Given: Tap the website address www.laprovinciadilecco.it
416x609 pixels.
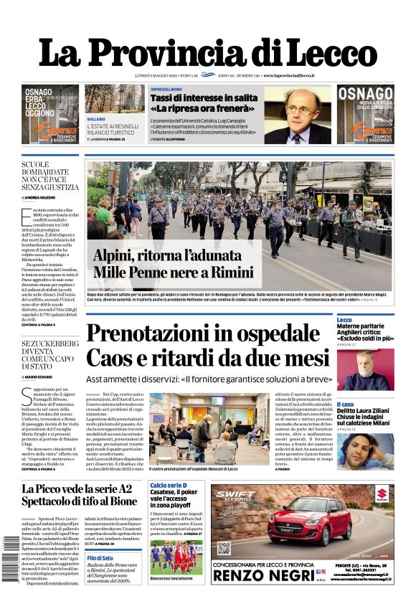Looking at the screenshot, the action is point(293,75).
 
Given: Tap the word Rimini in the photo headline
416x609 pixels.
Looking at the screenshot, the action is point(212,272).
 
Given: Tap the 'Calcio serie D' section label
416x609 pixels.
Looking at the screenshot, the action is point(170,486).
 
